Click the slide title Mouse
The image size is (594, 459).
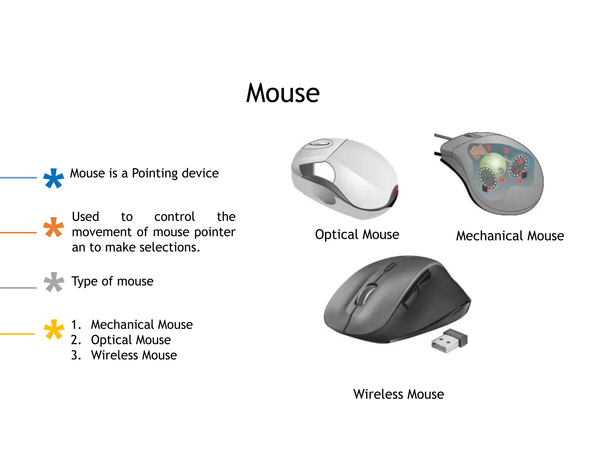pyautogui.click(x=283, y=93)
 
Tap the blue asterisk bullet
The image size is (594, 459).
pyautogui.click(x=54, y=178)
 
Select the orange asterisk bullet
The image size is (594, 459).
pyautogui.click(x=54, y=227)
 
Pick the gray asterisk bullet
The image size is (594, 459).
pyautogui.click(x=54, y=282)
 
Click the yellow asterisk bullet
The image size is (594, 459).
pyautogui.click(x=54, y=329)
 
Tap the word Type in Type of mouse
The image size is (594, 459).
pyautogui.click(x=85, y=281)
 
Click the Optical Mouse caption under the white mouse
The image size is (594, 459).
pyautogui.click(x=357, y=234)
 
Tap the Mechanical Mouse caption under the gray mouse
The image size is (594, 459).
pyautogui.click(x=510, y=236)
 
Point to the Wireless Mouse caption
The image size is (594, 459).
pyautogui.click(x=399, y=394)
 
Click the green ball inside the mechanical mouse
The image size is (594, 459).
pyautogui.click(x=493, y=164)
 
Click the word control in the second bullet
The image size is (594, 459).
pyautogui.click(x=174, y=217)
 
